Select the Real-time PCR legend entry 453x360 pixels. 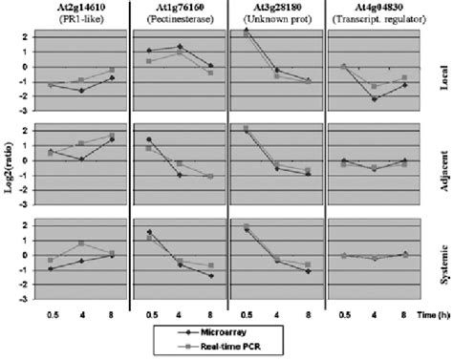click(x=233, y=346)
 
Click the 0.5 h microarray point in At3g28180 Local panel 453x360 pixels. click(x=247, y=32)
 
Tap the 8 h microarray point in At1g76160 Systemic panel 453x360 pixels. click(x=209, y=276)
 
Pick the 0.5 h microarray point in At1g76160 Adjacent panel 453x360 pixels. click(x=148, y=138)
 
